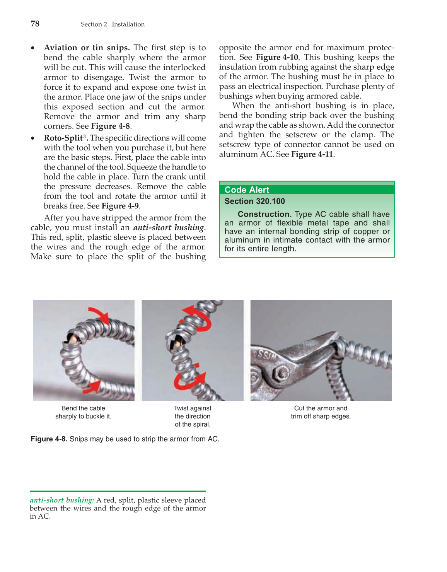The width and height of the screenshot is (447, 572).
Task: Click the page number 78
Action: pyautogui.click(x=35, y=24)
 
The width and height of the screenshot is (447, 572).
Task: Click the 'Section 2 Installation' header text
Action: pyautogui.click(x=113, y=24)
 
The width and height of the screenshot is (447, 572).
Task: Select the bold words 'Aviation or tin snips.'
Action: pyautogui.click(x=87, y=48)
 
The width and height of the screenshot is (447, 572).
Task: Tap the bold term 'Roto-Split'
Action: pyautogui.click(x=63, y=138)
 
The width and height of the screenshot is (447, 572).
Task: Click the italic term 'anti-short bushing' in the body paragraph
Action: pyautogui.click(x=169, y=227)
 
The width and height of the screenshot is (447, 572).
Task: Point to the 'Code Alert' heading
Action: pyautogui.click(x=247, y=190)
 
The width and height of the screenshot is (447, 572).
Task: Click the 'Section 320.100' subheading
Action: pyautogui.click(x=254, y=201)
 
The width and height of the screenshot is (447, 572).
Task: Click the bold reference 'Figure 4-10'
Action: pyautogui.click(x=277, y=57)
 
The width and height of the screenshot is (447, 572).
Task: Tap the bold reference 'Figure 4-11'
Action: pyautogui.click(x=312, y=154)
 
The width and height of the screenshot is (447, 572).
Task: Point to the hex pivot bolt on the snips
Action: pyautogui.click(x=280, y=374)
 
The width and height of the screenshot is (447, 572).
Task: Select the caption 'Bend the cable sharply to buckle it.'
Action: pyautogui.click(x=83, y=412)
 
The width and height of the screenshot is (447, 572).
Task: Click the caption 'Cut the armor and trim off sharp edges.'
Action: pyautogui.click(x=321, y=412)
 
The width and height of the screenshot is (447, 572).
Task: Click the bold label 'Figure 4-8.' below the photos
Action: pyautogui.click(x=49, y=439)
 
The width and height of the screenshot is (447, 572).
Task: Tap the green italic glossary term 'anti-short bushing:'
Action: pyautogui.click(x=62, y=500)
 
